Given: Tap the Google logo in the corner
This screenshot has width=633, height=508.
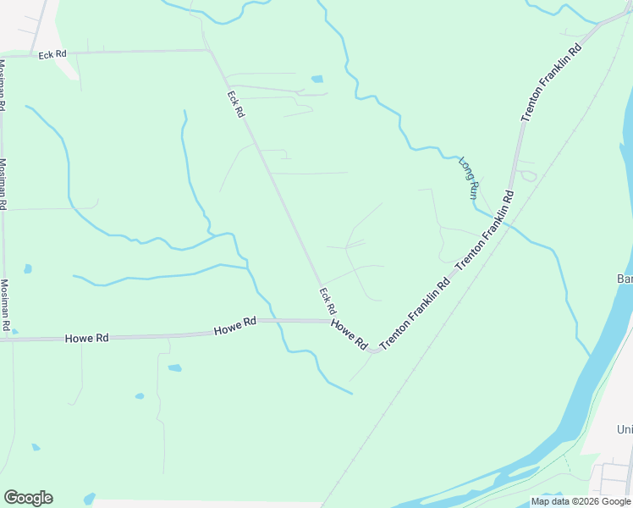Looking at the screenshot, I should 28,498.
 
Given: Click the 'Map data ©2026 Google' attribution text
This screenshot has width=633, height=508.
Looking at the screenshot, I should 581,501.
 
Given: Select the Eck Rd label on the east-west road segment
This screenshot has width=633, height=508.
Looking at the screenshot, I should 52,55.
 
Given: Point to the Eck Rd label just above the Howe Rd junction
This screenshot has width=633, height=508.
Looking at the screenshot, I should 328,299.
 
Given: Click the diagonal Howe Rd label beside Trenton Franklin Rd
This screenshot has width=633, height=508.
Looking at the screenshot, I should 349,334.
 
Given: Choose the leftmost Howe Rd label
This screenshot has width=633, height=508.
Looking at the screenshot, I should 87,338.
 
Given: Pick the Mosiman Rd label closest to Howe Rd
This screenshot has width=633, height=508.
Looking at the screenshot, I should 5,305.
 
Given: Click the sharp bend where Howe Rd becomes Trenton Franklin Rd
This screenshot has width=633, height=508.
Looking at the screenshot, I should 372,349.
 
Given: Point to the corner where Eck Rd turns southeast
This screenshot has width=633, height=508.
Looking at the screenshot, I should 209,51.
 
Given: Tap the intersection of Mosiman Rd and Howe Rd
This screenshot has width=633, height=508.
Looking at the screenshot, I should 7,339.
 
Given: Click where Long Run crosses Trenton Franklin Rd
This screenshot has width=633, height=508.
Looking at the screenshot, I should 506,222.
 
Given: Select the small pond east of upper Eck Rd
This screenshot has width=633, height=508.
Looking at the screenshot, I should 317,80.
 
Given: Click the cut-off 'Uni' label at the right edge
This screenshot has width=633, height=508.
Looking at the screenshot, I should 625,430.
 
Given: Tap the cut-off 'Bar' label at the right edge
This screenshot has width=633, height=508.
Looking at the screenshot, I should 625,279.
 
